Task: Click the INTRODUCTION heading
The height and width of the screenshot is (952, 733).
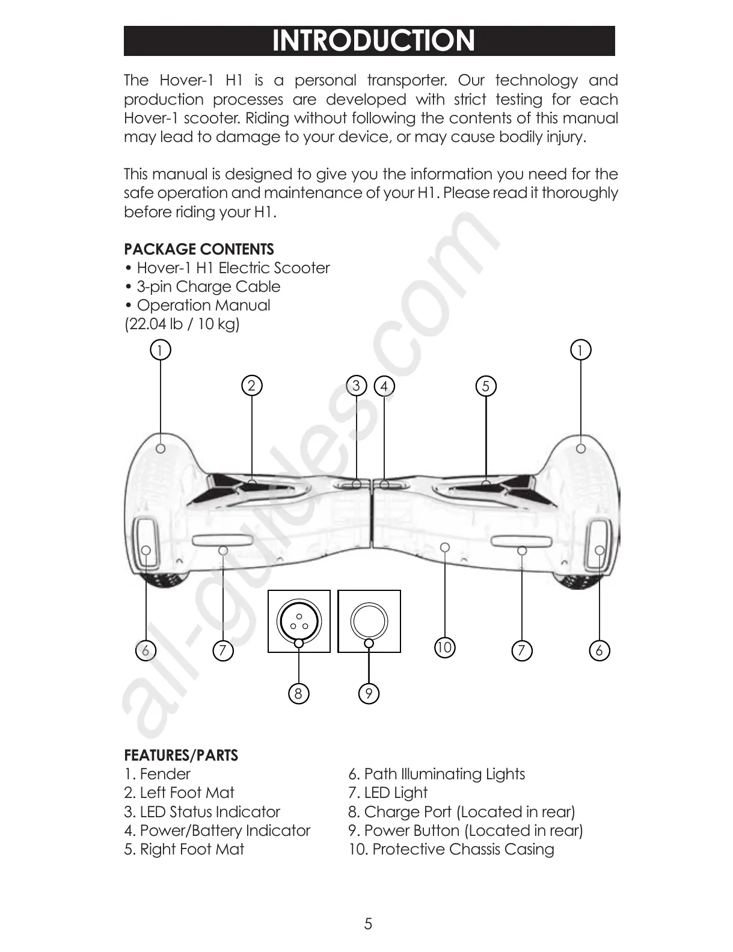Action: (x=373, y=41)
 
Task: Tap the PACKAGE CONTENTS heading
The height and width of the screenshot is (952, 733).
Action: (x=198, y=249)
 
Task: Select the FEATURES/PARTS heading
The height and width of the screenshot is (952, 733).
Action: (x=180, y=755)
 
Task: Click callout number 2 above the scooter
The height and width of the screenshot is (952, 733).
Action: (x=251, y=385)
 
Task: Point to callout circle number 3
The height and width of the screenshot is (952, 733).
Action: (x=357, y=385)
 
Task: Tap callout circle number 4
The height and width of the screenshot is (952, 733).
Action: (x=384, y=385)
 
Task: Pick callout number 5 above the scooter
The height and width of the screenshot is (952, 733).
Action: (x=486, y=385)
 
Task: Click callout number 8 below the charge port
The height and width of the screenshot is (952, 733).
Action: (x=298, y=694)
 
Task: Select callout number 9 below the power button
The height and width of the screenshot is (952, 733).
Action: (x=369, y=694)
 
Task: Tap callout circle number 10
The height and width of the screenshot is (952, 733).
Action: (x=444, y=648)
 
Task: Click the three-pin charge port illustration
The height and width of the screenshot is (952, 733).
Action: (x=299, y=620)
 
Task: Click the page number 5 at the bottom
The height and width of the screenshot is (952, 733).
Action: (x=368, y=924)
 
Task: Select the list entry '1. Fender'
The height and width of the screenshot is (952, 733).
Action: (x=157, y=774)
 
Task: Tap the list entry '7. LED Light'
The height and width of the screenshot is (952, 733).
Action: (x=388, y=793)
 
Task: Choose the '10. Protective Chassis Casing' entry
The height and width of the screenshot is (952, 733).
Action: (x=451, y=849)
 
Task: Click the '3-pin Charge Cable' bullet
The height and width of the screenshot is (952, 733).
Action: (x=207, y=286)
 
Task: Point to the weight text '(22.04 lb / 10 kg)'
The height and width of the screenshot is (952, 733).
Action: (x=182, y=324)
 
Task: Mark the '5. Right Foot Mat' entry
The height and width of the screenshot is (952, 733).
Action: (x=184, y=849)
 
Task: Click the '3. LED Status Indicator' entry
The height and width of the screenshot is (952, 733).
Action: (x=202, y=812)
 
